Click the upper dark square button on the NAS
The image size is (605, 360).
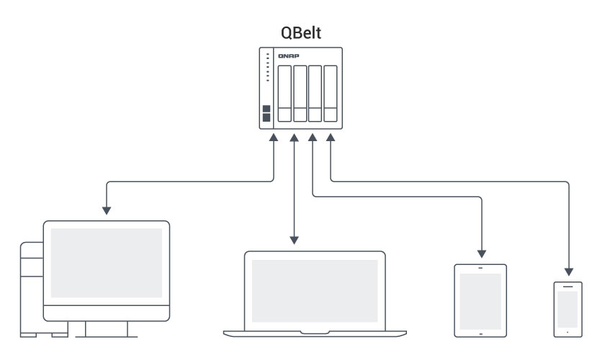click(266, 109)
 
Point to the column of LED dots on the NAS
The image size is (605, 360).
click(266, 66)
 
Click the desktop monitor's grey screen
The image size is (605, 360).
click(106, 258)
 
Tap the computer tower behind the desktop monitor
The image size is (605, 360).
click(31, 288)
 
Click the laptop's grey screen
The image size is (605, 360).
click(314, 287)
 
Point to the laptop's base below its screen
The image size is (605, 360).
click(314, 331)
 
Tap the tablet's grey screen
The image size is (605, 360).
click(480, 299)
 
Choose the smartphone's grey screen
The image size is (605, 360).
click(568, 309)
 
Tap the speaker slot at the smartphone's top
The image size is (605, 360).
click(568, 287)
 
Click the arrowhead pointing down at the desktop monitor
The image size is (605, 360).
click(107, 211)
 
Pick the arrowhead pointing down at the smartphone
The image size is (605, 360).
click(568, 271)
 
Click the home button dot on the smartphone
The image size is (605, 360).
click(568, 332)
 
